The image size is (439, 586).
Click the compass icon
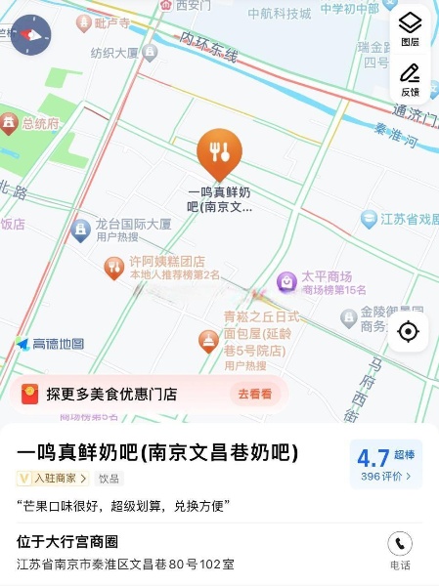point(30,34)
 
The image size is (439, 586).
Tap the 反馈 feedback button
point(410,75)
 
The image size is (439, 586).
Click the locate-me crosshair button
point(409,332)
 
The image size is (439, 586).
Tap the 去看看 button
point(254,395)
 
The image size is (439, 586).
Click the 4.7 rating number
point(373,457)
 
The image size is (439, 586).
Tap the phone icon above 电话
point(399,545)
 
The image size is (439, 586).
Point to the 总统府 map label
point(40,124)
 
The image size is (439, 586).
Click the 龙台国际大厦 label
point(133,224)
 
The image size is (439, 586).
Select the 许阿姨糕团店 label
point(167,262)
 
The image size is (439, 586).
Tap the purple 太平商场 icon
point(287,282)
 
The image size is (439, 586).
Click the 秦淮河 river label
point(396,134)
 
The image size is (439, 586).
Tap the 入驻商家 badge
point(55,479)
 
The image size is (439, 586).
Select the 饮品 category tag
point(109,479)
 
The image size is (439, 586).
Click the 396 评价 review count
point(385,477)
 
